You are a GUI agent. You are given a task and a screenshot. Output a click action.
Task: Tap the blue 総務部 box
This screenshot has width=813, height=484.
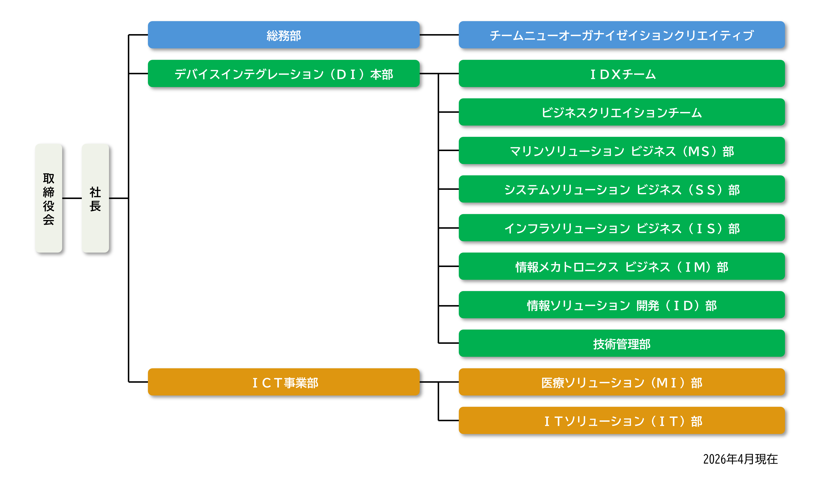(284, 35)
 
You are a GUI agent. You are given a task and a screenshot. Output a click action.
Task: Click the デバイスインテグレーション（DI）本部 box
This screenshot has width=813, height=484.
(284, 74)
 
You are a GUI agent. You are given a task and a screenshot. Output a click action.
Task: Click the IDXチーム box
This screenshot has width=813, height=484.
(621, 74)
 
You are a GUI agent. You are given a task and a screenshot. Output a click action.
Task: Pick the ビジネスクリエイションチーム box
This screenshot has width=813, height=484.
(621, 112)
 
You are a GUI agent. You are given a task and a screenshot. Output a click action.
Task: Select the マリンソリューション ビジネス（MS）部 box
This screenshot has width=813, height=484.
(621, 151)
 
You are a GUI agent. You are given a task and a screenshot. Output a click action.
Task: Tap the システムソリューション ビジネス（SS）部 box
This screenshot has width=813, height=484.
(621, 189)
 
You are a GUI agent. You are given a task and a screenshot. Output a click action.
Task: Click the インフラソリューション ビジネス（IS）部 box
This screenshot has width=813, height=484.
(621, 228)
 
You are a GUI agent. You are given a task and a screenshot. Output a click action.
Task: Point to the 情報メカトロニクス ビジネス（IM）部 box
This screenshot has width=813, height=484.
(621, 266)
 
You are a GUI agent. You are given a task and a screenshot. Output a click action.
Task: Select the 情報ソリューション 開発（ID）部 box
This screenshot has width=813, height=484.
(621, 305)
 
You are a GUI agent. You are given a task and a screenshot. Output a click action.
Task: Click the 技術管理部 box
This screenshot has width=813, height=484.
(621, 343)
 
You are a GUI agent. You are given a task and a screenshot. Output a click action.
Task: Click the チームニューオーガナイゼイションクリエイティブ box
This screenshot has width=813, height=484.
(621, 35)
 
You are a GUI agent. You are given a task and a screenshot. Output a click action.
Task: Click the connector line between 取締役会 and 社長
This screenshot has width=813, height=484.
(72, 198)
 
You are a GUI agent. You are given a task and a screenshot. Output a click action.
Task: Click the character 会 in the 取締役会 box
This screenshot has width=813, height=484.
(49, 220)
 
